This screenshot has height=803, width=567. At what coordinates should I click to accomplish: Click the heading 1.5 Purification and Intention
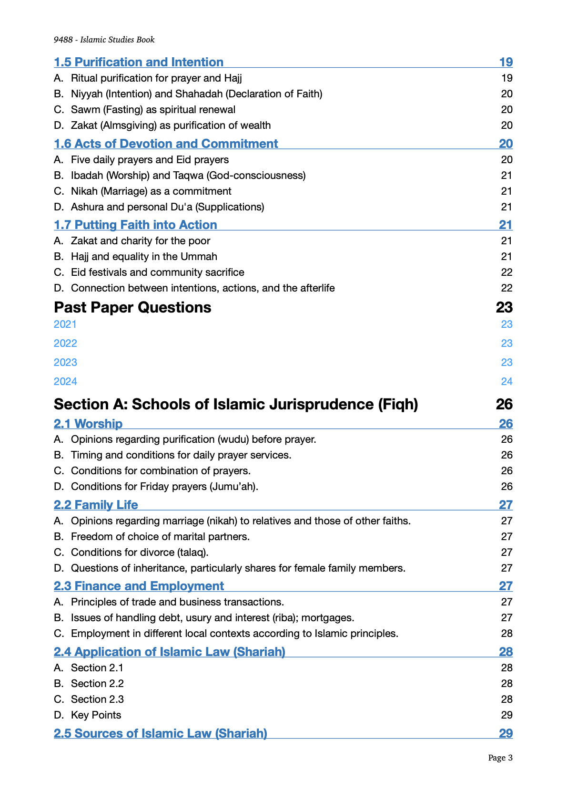(139, 63)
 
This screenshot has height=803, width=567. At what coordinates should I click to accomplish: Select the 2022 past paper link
(65, 344)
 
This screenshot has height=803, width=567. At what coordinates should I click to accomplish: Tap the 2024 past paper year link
(65, 382)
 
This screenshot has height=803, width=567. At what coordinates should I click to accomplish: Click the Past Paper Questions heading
(132, 308)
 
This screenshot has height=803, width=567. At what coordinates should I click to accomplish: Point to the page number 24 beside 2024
(506, 382)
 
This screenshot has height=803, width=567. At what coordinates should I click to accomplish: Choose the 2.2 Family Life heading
(96, 505)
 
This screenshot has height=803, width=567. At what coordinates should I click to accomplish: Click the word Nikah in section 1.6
(84, 191)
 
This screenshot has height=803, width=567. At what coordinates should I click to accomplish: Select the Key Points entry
(96, 715)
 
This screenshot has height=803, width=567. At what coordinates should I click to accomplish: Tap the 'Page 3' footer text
(500, 758)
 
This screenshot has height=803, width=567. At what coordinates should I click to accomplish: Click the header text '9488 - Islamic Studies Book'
(104, 40)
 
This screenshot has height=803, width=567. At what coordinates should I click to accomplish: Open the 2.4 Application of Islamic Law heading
(169, 652)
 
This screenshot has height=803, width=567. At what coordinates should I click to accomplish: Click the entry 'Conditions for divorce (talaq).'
(140, 553)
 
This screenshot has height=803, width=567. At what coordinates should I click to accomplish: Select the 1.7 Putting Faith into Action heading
(135, 225)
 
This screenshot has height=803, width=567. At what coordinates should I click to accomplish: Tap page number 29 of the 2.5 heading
(506, 734)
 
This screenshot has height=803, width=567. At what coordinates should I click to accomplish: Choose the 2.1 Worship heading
(88, 424)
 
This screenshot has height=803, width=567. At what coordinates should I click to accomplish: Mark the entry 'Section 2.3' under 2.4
(97, 699)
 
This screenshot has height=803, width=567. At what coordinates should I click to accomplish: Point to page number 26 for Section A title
(504, 405)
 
